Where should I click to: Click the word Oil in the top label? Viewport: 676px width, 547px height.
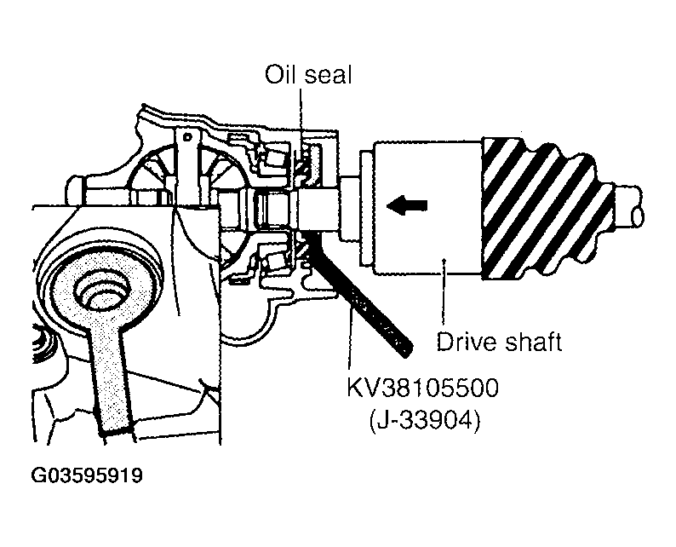click(280, 75)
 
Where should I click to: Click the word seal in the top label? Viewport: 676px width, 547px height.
click(329, 75)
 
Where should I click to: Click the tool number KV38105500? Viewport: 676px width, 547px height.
click(422, 388)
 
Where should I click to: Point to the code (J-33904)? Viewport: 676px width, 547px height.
click(425, 420)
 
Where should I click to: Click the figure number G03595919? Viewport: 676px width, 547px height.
click(87, 475)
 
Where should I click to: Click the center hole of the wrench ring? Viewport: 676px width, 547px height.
click(103, 292)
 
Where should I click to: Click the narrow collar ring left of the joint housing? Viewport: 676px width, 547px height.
click(366, 208)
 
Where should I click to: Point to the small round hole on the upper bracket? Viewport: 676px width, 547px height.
click(187, 137)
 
